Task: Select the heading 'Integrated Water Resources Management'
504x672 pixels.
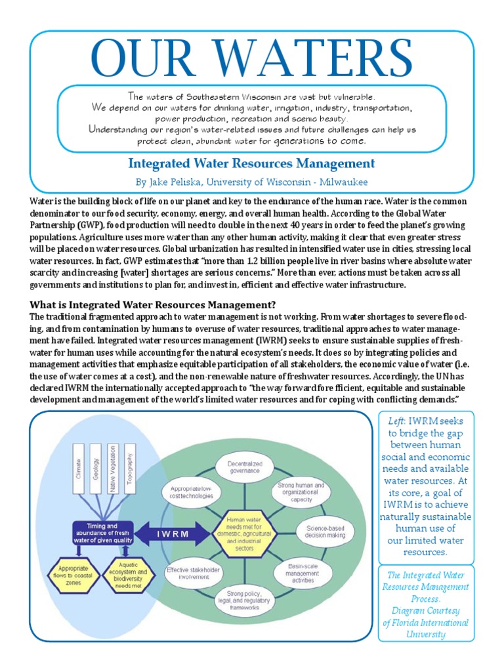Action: [251, 163]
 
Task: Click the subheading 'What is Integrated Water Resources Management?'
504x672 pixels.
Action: [153, 304]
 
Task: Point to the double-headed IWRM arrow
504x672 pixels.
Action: [172, 534]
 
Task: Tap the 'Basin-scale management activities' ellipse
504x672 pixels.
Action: [301, 572]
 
